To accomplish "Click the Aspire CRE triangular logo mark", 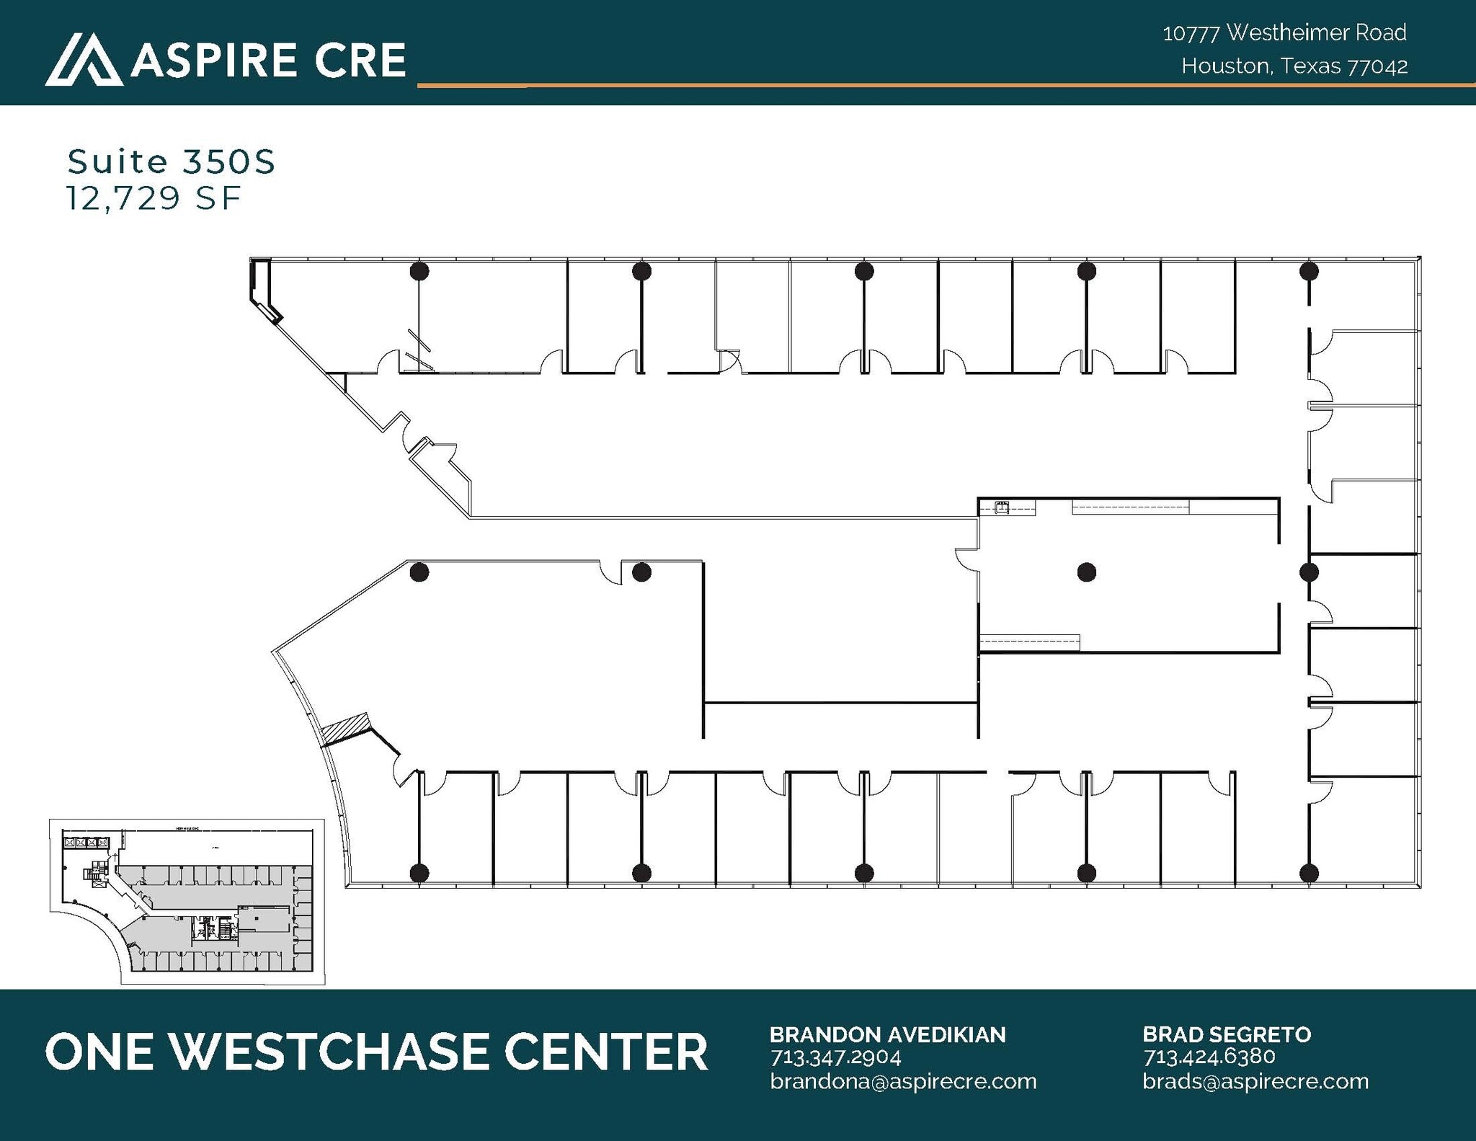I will coord(83,59).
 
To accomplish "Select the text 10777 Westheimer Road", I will coord(1284,32).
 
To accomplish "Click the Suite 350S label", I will coord(172,161).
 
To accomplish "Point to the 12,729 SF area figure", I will coord(154,198).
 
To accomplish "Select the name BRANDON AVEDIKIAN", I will coord(887,1035).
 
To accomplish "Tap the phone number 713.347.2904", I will coord(836,1057).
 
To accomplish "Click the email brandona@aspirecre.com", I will coord(903,1081).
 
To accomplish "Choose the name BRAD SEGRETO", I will coord(1227,1035).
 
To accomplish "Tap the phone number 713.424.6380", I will coord(1209,1057).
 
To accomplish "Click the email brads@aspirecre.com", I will coord(1255,1081).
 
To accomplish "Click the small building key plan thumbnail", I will coord(187,901).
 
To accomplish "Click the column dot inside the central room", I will coord(1087,572).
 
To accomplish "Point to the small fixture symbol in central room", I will coord(1001,507).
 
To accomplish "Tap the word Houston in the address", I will coord(1224,66).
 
